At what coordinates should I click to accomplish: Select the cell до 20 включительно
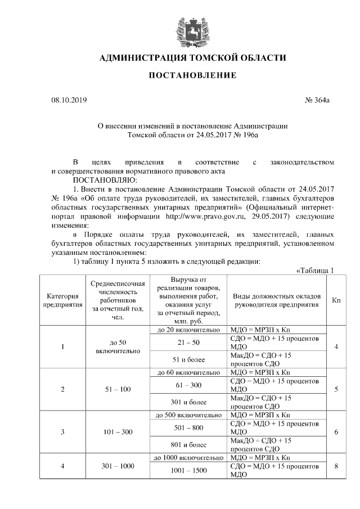[189, 329]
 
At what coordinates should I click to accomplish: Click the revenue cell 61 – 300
[189, 385]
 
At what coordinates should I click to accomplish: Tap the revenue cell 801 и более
[189, 445]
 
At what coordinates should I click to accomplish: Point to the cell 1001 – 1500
[189, 470]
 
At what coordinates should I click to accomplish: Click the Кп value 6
[336, 432]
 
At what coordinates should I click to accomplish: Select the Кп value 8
[336, 466]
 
